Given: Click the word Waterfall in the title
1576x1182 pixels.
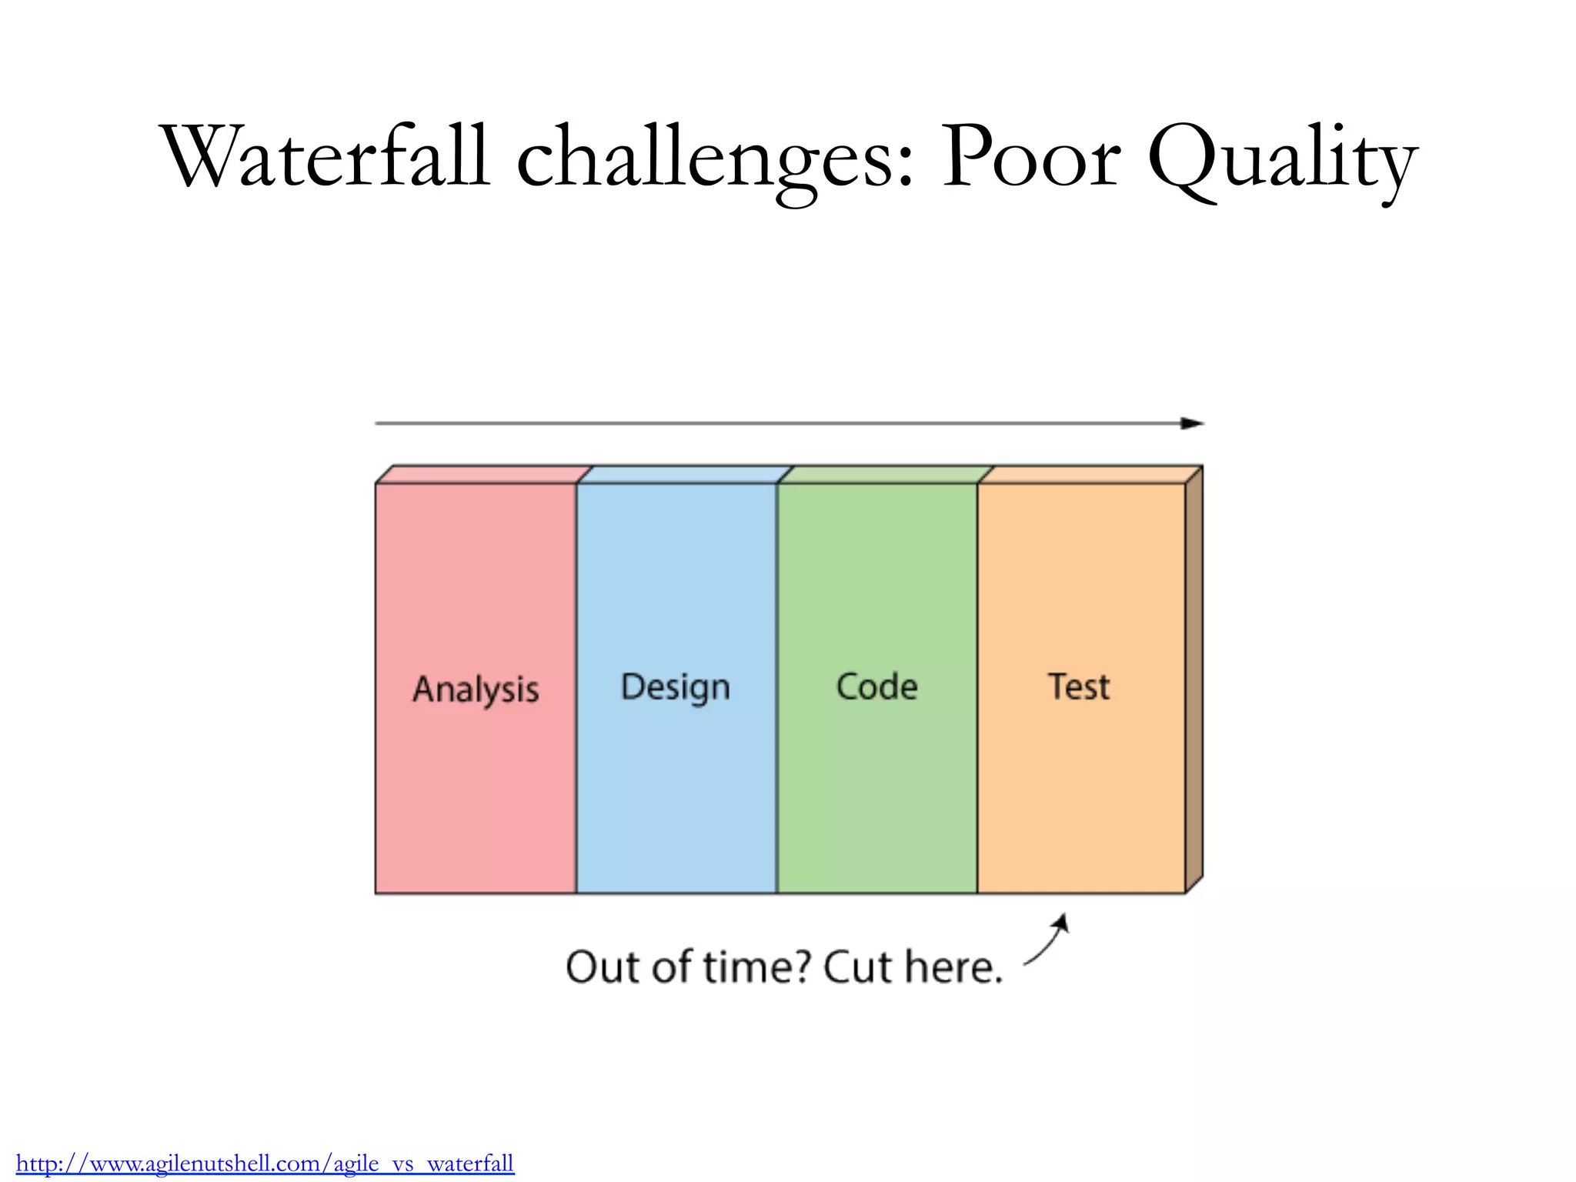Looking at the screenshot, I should pyautogui.click(x=325, y=158).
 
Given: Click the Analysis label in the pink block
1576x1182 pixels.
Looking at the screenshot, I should pyautogui.click(x=476, y=689).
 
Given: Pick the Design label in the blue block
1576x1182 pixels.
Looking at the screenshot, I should pyautogui.click(x=675, y=687).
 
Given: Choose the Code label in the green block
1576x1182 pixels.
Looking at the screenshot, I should pyautogui.click(x=876, y=686).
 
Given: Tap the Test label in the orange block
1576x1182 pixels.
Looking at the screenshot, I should pyautogui.click(x=1079, y=686).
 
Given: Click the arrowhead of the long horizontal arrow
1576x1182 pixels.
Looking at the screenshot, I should pyautogui.click(x=1193, y=423).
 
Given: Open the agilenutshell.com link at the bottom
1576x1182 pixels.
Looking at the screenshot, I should pyautogui.click(x=265, y=1163).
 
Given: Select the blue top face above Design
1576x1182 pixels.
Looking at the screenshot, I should pyautogui.click(x=684, y=474).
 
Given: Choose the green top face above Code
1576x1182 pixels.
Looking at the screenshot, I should pyautogui.click(x=885, y=474).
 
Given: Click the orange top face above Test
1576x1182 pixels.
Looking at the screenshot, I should pyautogui.click(x=1089, y=474).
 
